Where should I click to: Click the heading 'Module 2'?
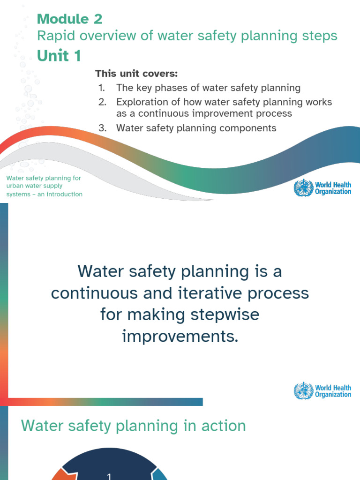pyautogui.click(x=69, y=19)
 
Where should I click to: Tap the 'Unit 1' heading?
pyautogui.click(x=59, y=56)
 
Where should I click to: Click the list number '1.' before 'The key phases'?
pyautogui.click(x=102, y=88)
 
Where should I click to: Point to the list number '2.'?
pyautogui.click(x=102, y=102)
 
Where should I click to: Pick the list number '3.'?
pyautogui.click(x=102, y=128)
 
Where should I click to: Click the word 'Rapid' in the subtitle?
pyautogui.click(x=53, y=36)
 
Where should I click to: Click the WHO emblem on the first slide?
pyautogui.click(x=303, y=188)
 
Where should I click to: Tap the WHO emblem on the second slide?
pyautogui.click(x=303, y=391)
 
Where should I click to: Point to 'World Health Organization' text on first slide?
pyautogui.click(x=333, y=188)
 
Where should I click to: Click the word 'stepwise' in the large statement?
pyautogui.click(x=225, y=314)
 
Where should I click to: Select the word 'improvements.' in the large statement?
pyautogui.click(x=180, y=336)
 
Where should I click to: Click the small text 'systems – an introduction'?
pyautogui.click(x=44, y=194)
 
